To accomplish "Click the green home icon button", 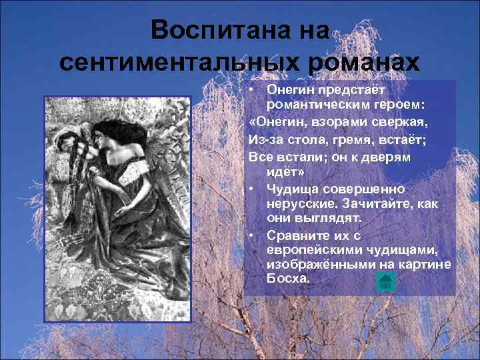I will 385,281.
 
